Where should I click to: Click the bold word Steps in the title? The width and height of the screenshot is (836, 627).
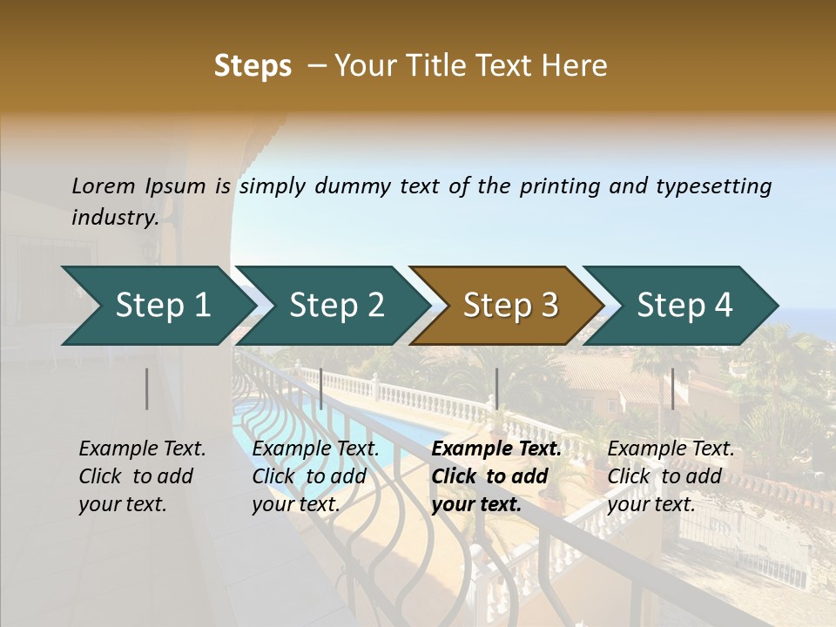253,66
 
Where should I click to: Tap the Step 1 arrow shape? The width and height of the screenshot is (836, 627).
162,306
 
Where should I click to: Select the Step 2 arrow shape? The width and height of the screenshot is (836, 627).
336,306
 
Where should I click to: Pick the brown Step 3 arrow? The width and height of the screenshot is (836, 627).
509,306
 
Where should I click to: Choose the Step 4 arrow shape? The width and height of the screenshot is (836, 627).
684,306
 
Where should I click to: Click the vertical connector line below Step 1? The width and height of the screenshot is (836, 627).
147,388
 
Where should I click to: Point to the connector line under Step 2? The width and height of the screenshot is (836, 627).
321,388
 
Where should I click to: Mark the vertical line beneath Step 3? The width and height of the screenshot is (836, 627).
496,388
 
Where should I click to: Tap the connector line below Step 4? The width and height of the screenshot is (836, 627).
672,388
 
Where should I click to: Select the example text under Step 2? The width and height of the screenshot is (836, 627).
314,476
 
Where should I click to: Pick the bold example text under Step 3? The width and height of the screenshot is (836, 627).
496,476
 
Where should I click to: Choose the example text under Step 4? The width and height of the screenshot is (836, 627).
670,476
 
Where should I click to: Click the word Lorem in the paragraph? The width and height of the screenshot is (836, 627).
103,186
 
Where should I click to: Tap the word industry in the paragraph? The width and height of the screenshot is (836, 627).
114,218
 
